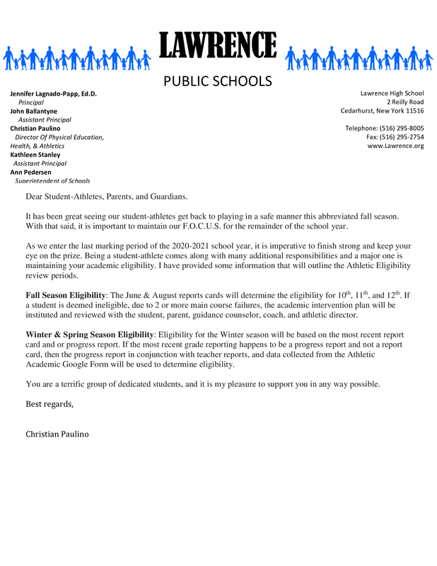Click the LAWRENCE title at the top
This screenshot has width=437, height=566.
click(218, 46)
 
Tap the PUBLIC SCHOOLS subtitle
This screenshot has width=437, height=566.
click(218, 81)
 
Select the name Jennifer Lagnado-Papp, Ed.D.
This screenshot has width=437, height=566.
click(53, 93)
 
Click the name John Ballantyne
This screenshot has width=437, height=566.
click(34, 111)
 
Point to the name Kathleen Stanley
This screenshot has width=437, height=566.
click(35, 154)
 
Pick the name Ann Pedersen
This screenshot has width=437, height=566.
click(31, 172)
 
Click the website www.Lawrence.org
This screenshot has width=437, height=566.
click(395, 146)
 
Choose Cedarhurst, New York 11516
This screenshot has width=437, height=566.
click(382, 111)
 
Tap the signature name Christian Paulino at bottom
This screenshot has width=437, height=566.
click(57, 433)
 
